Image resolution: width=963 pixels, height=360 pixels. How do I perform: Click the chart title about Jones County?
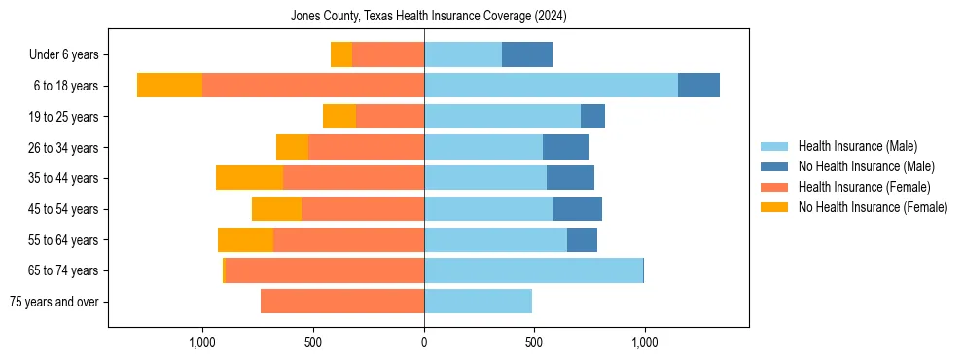[x=428, y=17]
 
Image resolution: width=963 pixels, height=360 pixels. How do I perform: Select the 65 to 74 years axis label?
[x=63, y=270]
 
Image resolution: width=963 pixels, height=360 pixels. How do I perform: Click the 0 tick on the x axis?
[x=424, y=342]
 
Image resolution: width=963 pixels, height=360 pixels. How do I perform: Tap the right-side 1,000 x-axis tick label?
[x=645, y=342]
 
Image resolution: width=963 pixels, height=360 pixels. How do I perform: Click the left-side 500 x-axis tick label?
[x=313, y=342]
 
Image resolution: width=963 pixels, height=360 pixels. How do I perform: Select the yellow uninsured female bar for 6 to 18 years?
[x=169, y=86]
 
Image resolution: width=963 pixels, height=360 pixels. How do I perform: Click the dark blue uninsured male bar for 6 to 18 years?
[x=698, y=86]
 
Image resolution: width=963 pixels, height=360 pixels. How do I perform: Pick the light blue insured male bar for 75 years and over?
[x=478, y=302]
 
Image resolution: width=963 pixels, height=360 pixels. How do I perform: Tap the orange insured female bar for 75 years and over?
[x=342, y=302]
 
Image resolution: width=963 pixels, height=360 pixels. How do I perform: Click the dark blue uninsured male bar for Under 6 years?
[x=527, y=54]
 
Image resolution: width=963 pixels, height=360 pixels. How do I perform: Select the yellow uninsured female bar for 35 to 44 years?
[x=249, y=178]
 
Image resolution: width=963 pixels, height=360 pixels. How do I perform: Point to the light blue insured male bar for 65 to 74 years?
[x=533, y=270]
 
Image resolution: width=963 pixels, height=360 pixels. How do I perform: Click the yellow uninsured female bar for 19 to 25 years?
[x=339, y=117]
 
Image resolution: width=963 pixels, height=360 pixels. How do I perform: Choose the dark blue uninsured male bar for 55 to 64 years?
[x=582, y=239]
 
